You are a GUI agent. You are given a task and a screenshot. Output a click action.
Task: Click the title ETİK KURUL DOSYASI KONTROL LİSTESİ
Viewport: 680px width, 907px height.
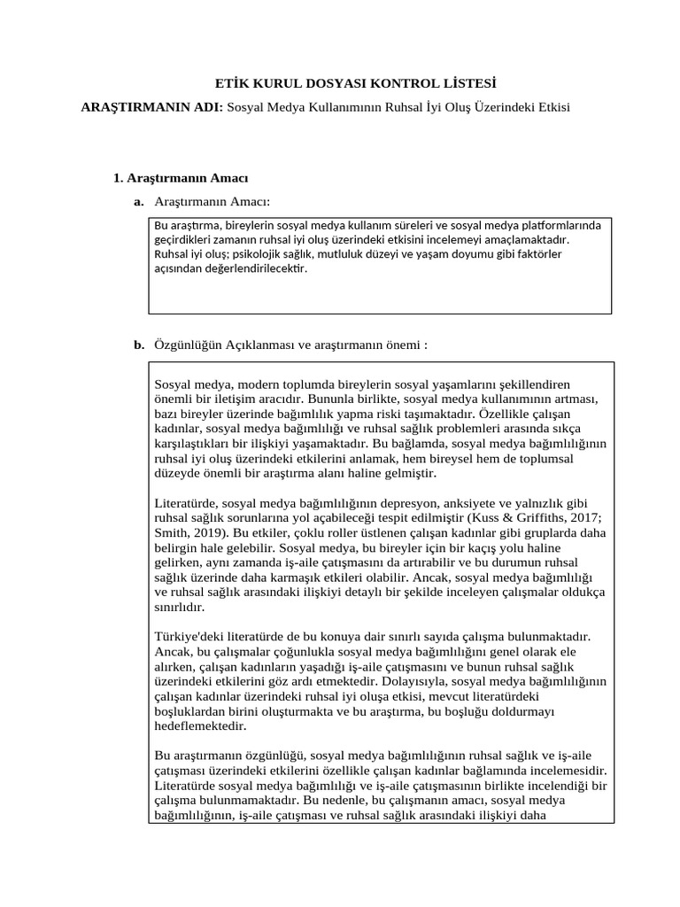pyautogui.click(x=356, y=84)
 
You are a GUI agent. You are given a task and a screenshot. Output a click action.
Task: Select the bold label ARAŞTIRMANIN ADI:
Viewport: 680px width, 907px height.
pyautogui.click(x=152, y=107)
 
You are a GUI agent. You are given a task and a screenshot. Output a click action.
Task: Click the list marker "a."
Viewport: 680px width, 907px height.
pyautogui.click(x=139, y=203)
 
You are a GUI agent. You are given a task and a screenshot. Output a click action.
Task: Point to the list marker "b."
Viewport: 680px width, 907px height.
pyautogui.click(x=139, y=345)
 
